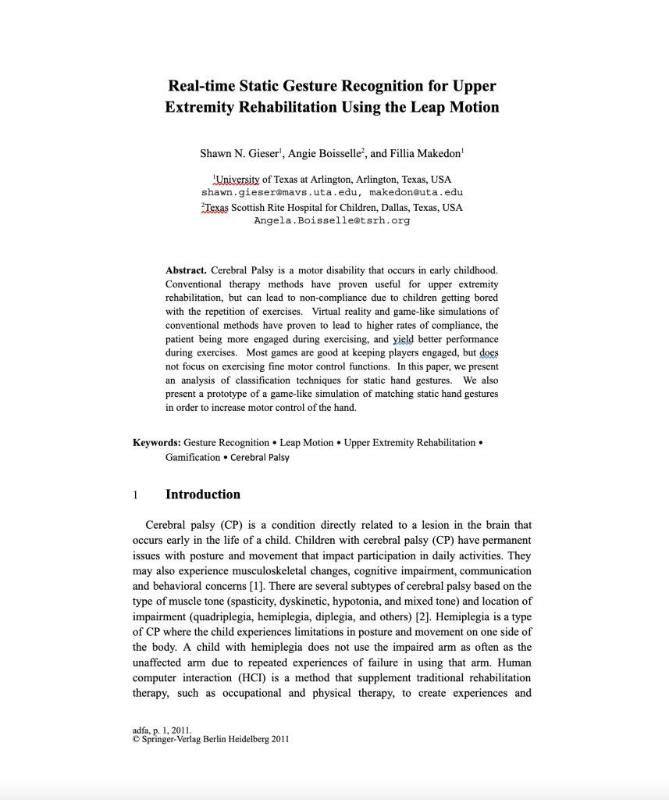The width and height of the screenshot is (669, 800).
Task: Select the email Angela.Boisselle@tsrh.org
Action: (x=332, y=221)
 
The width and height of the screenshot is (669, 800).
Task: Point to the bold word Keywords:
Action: (x=157, y=443)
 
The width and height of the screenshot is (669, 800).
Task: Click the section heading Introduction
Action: (x=203, y=495)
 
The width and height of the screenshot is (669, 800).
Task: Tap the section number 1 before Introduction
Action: (x=136, y=495)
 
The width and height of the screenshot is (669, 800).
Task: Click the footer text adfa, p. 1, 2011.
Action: (x=162, y=730)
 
